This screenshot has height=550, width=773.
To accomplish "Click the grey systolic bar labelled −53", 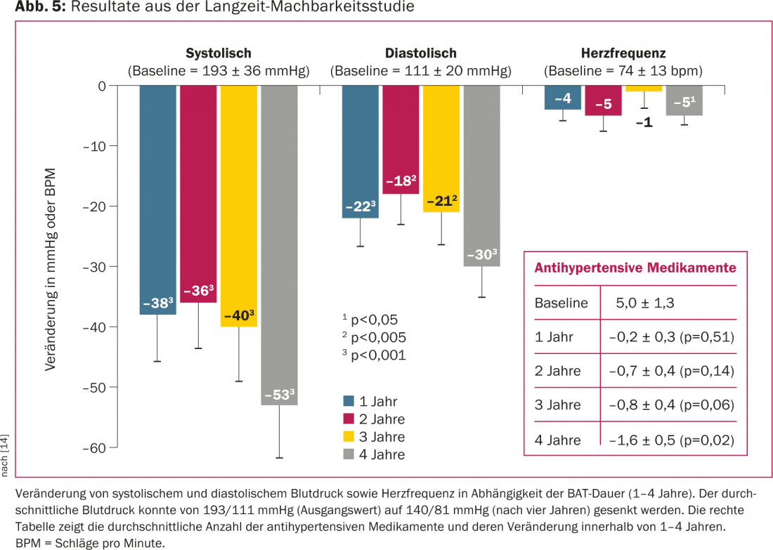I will pos(279,245).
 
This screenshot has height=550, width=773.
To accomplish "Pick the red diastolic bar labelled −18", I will pos(401,140).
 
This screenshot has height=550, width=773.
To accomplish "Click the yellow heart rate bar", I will pos(644,89).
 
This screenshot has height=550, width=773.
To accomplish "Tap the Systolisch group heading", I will pos(218,53).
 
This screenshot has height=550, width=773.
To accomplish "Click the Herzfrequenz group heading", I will pos(623,53).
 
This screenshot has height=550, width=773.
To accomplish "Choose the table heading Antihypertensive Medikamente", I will pos(635,268).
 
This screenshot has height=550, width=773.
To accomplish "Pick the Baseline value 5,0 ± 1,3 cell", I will pos(644,304).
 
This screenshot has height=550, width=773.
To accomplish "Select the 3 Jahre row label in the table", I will pos(558,405).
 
